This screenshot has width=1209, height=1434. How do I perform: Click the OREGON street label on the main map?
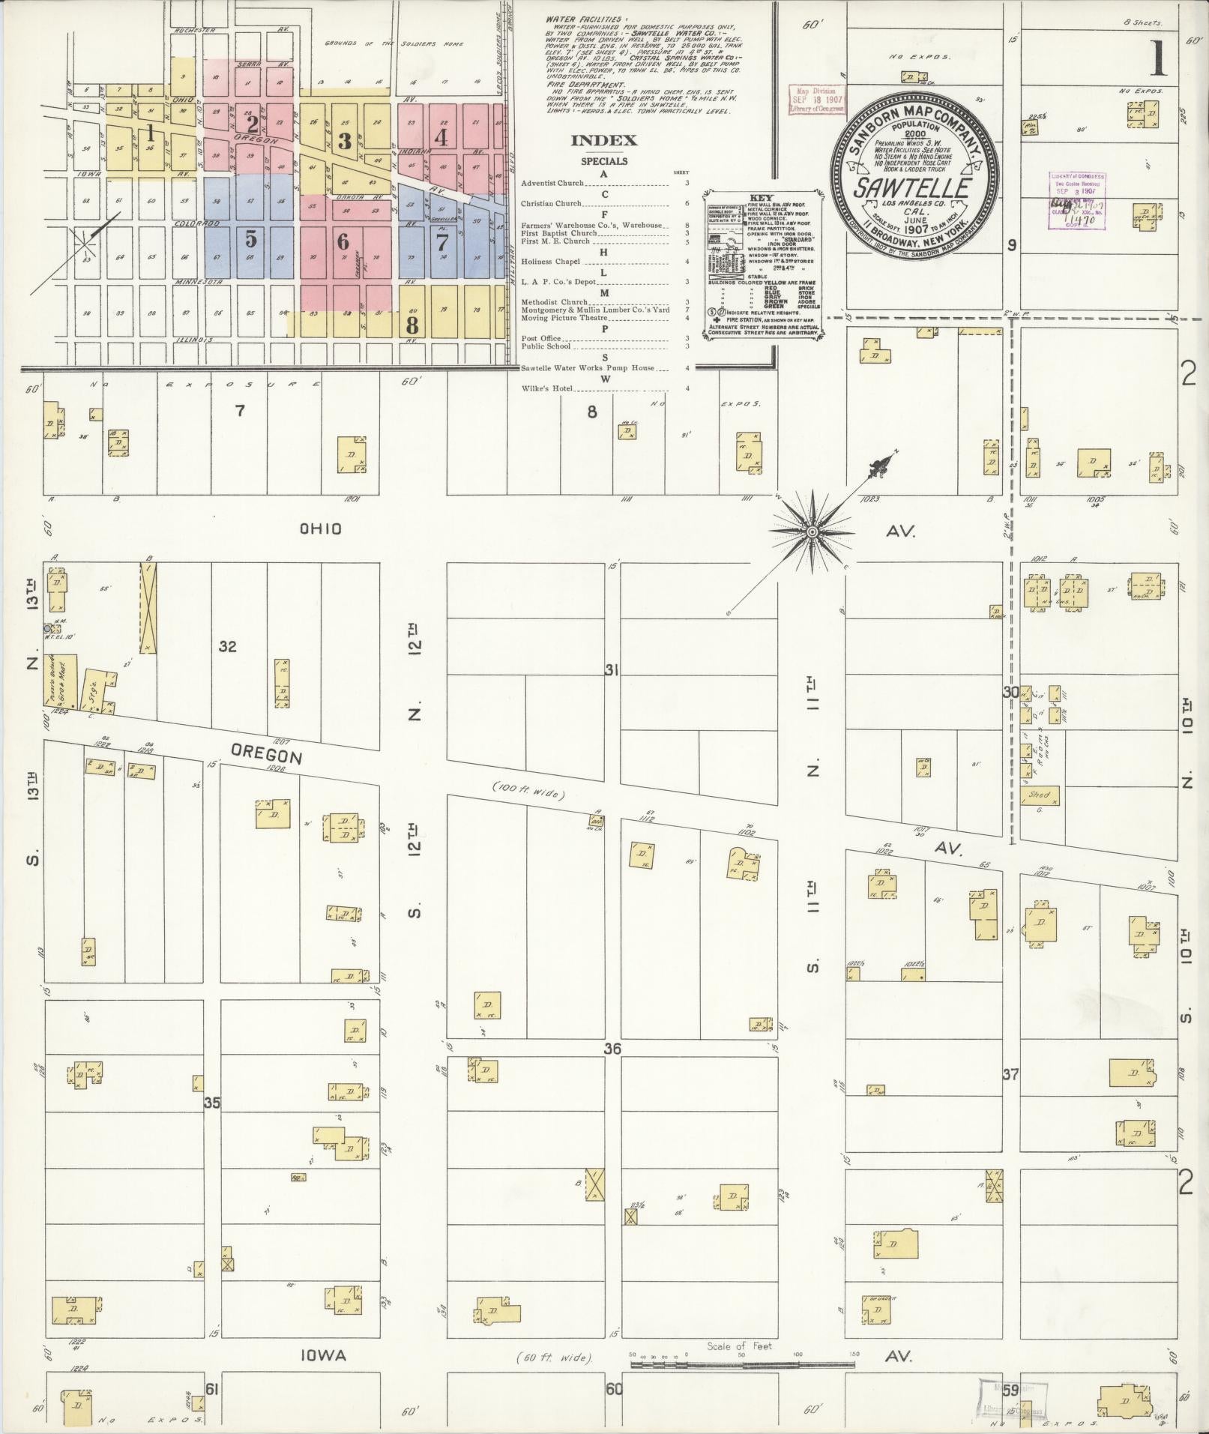pos(266,753)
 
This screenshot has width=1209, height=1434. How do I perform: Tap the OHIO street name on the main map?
pos(321,529)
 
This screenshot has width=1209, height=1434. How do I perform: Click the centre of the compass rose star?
pos(811,531)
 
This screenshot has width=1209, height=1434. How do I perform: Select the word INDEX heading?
pos(603,140)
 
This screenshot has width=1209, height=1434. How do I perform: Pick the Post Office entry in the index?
pos(541,339)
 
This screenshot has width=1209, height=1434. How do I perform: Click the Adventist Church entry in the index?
pos(552,183)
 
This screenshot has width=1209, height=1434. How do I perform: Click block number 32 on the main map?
pos(228,646)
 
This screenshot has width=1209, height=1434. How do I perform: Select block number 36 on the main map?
pos(612,1049)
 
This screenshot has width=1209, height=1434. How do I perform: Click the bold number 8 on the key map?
pos(411,325)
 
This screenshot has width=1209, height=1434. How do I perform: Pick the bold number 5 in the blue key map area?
pos(251,239)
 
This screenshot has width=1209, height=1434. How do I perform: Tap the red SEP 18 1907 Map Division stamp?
pos(817,99)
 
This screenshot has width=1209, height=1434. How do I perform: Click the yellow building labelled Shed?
pos(1040,795)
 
